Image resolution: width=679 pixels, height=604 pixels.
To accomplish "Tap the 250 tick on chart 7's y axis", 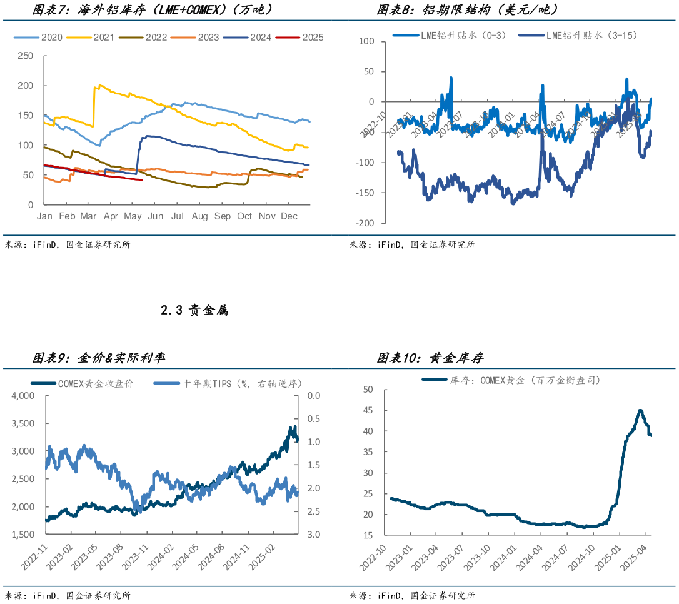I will point(25,56).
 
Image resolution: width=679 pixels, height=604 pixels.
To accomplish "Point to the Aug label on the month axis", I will point(199,216).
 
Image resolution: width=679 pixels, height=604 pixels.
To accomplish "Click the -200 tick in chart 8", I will point(365,223).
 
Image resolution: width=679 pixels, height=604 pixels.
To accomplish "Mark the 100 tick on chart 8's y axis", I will point(366,41).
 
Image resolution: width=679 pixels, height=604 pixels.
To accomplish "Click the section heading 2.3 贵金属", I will point(194,310).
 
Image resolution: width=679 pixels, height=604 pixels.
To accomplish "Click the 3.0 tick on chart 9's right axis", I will point(313,535).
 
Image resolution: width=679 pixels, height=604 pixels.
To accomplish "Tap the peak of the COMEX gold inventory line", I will point(640,411).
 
